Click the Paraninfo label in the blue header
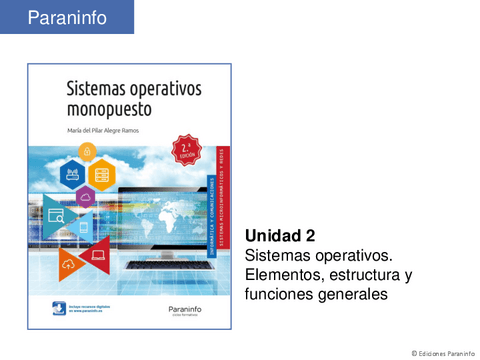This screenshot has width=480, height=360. tap(65, 17)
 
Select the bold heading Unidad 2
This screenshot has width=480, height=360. tap(280, 236)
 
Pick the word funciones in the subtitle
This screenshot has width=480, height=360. tap(282, 295)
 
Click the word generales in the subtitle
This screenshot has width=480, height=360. tap(354, 295)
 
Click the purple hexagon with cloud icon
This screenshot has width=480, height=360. tap(87, 198)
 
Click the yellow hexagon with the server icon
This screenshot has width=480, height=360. tap(101, 175)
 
